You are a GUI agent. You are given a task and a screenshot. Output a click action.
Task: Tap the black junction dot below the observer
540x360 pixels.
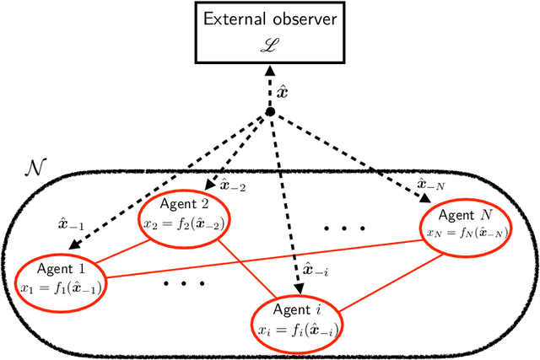click(x=270, y=112)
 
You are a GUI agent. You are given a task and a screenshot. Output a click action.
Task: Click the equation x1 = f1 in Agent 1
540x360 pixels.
click(x=57, y=287)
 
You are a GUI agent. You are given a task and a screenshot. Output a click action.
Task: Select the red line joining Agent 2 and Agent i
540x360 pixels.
click(x=245, y=271)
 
